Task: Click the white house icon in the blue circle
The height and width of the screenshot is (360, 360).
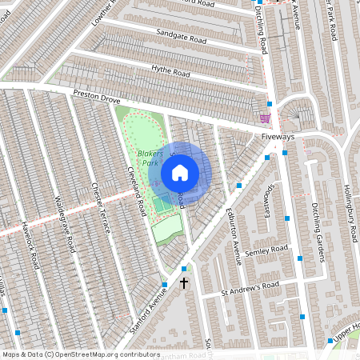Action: [x=179, y=173]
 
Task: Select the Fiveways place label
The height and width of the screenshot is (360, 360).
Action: [x=278, y=137]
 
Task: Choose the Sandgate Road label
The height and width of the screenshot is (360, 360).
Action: [x=181, y=38]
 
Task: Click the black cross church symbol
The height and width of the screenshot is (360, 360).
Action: [x=184, y=282]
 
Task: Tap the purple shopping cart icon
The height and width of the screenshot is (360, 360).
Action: [x=265, y=118]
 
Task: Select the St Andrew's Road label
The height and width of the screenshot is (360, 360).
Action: [x=250, y=288]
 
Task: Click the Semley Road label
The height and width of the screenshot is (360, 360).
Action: [x=266, y=250]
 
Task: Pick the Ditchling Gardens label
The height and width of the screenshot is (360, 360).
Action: [x=318, y=232]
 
